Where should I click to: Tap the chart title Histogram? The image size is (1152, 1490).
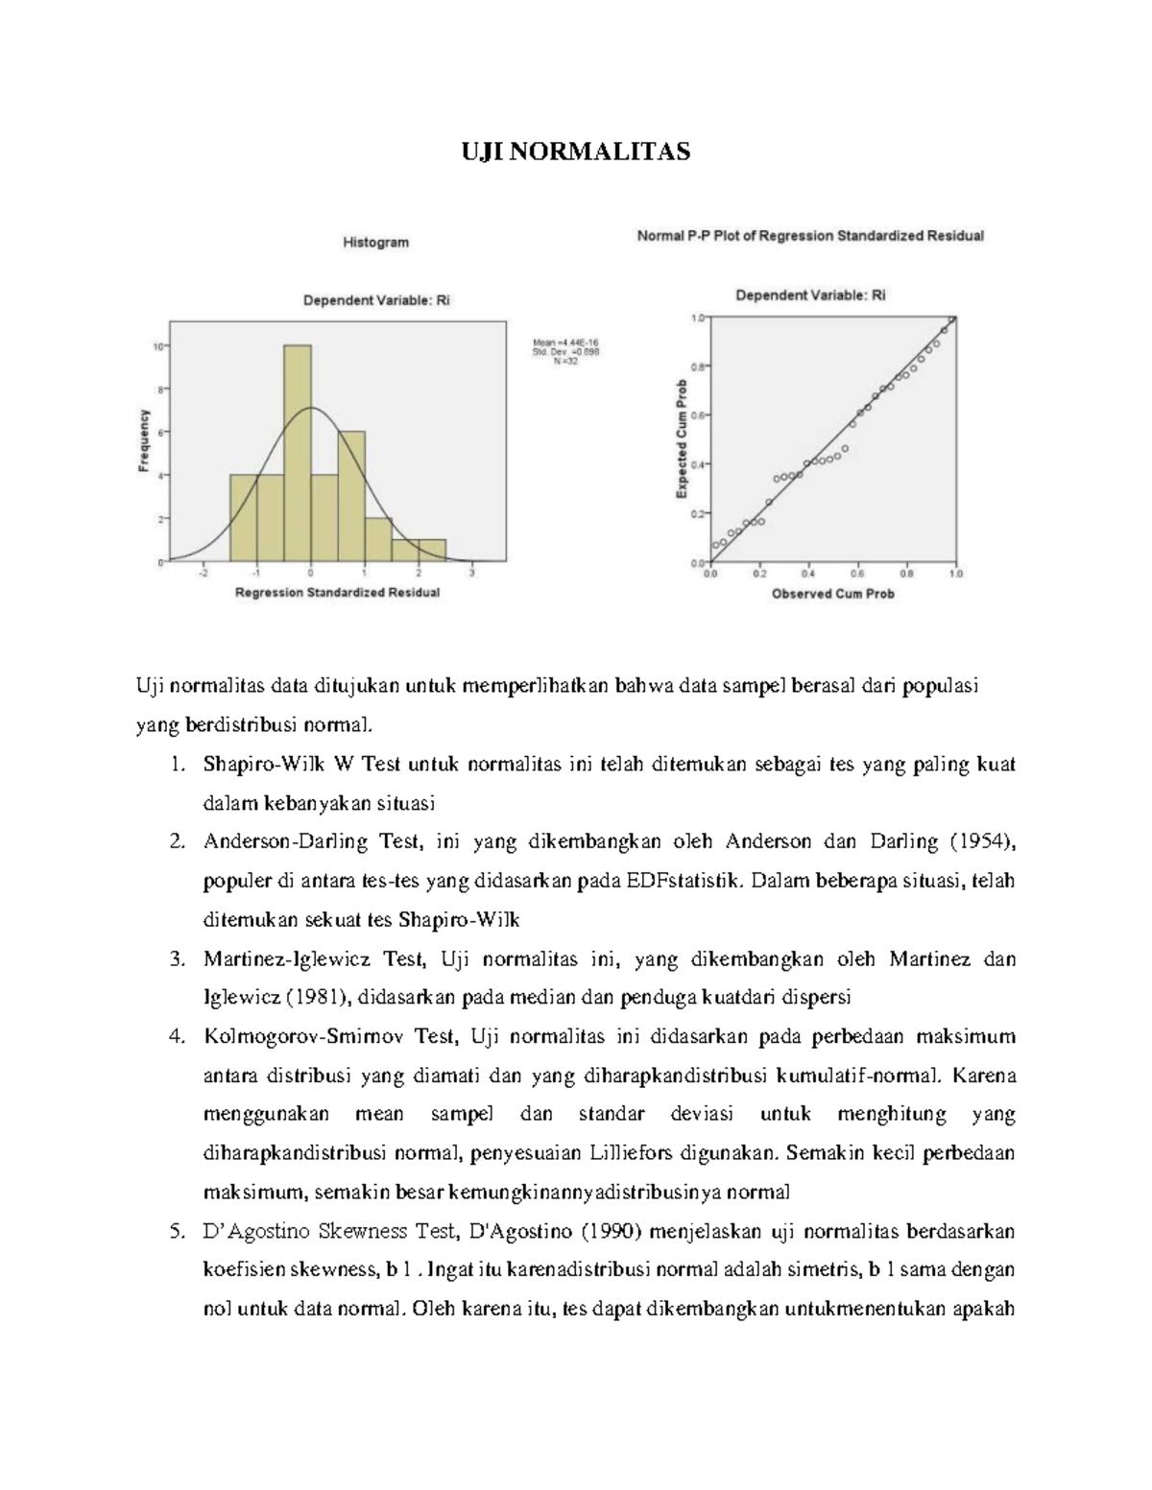376,243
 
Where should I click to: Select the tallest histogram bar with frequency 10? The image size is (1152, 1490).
297,452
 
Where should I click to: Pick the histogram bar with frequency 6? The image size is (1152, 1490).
351,495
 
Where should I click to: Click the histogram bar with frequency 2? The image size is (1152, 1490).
378,538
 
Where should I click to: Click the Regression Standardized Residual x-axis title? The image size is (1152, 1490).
338,593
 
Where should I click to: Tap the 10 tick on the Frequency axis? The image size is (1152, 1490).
158,345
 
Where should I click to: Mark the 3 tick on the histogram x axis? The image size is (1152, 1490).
472,574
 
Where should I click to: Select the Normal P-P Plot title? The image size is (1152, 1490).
810,235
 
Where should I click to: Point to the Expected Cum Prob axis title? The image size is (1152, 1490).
682,438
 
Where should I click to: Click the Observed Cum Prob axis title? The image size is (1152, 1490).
832,594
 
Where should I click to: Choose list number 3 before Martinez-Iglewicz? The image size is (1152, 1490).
176,959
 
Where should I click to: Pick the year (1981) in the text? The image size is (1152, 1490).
317,998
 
